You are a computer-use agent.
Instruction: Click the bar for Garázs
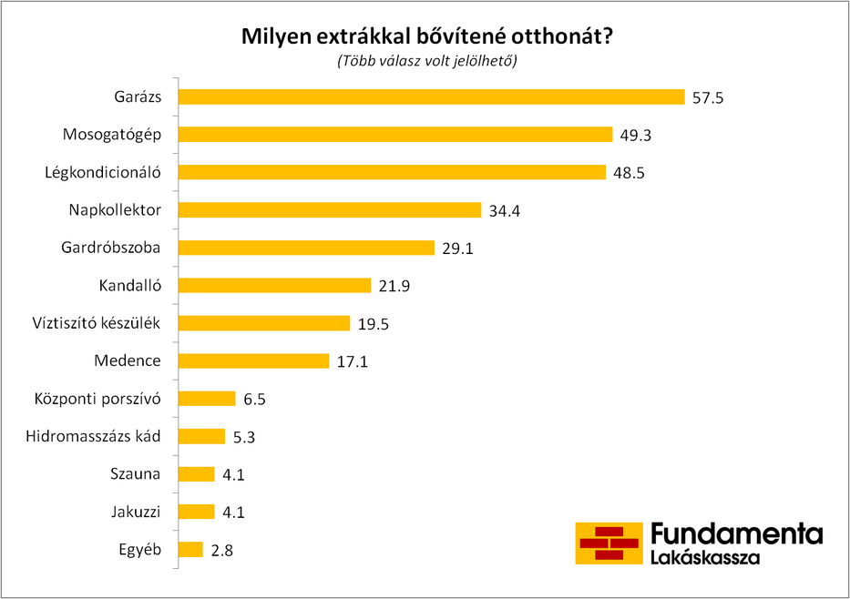pyautogui.click(x=431, y=97)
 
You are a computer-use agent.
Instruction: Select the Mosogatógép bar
pyautogui.click(x=395, y=135)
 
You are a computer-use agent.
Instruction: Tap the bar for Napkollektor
pyautogui.click(x=329, y=210)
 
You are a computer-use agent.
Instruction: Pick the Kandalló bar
pyautogui.click(x=274, y=286)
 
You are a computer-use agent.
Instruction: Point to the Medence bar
pyautogui.click(x=253, y=361)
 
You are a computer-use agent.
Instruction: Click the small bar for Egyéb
pyautogui.click(x=190, y=549)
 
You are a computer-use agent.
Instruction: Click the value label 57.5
pyautogui.click(x=707, y=97)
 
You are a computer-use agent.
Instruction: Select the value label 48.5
pyautogui.click(x=629, y=173)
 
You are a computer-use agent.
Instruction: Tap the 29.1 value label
pyautogui.click(x=457, y=249)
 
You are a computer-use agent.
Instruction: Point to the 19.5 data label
pyautogui.click(x=373, y=324)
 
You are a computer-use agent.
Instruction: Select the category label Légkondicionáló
pyautogui.click(x=103, y=172)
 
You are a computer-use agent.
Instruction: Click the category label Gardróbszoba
pyautogui.click(x=111, y=248)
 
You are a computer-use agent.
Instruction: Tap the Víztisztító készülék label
pyautogui.click(x=96, y=323)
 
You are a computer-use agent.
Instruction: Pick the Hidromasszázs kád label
pyautogui.click(x=94, y=436)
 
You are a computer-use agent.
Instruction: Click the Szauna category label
pyautogui.click(x=135, y=473)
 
